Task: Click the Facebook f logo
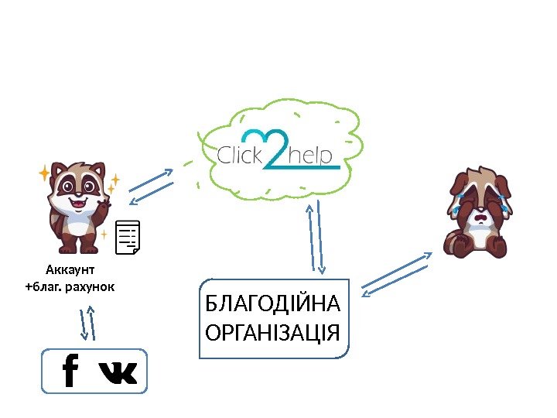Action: (70, 371)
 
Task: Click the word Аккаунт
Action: (70, 270)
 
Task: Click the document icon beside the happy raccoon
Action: (128, 237)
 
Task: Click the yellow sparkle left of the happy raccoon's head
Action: (44, 172)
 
